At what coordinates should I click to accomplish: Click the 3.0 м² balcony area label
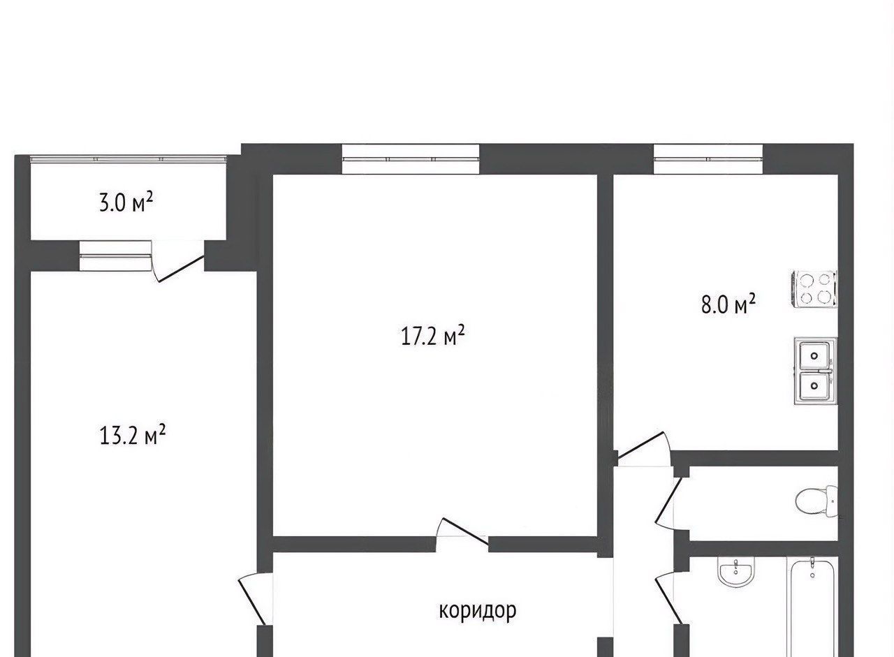coord(126,202)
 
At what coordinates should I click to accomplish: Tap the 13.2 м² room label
coord(132,435)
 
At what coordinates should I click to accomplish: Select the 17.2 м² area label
coord(432,336)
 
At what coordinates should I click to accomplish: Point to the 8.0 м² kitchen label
coord(728,305)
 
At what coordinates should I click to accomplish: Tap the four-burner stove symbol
coord(814,289)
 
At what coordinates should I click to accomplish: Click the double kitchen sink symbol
coord(815,371)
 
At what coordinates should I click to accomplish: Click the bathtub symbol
coord(812,606)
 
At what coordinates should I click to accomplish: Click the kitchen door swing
coord(643,449)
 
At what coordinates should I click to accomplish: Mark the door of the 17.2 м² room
coord(463,532)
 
